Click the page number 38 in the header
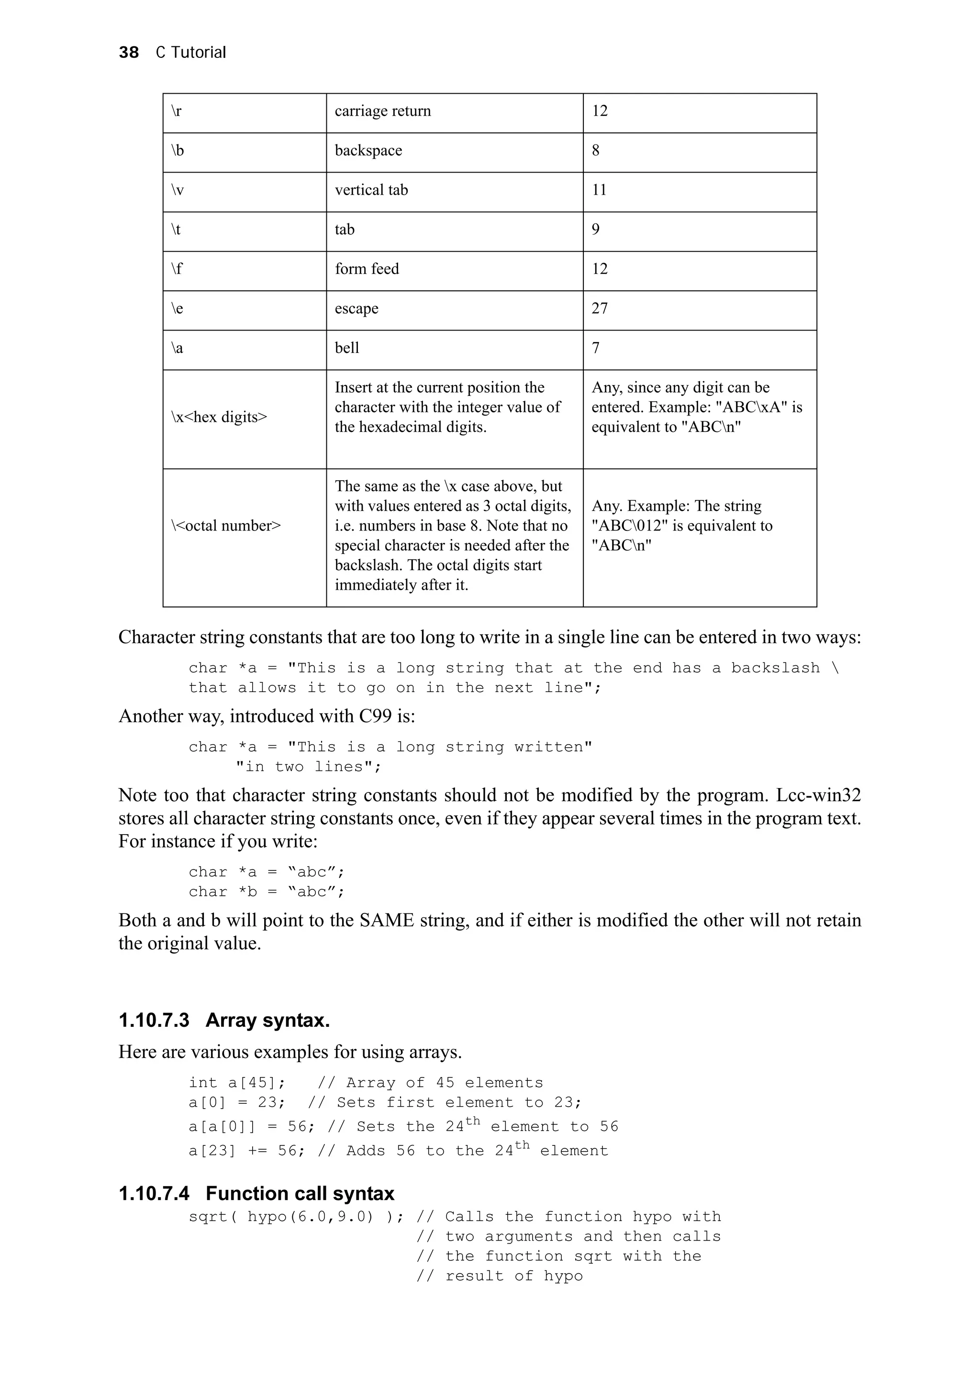129,53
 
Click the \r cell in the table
176,111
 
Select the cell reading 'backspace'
368,150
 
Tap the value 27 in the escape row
599,308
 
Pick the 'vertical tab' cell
371,190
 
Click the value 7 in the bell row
595,348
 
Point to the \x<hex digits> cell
219,417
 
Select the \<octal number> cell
226,526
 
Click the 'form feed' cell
367,269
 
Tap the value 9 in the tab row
595,230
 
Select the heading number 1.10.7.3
154,1020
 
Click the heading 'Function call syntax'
300,1193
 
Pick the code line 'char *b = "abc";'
266,891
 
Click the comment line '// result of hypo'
500,1276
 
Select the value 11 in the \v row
599,190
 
